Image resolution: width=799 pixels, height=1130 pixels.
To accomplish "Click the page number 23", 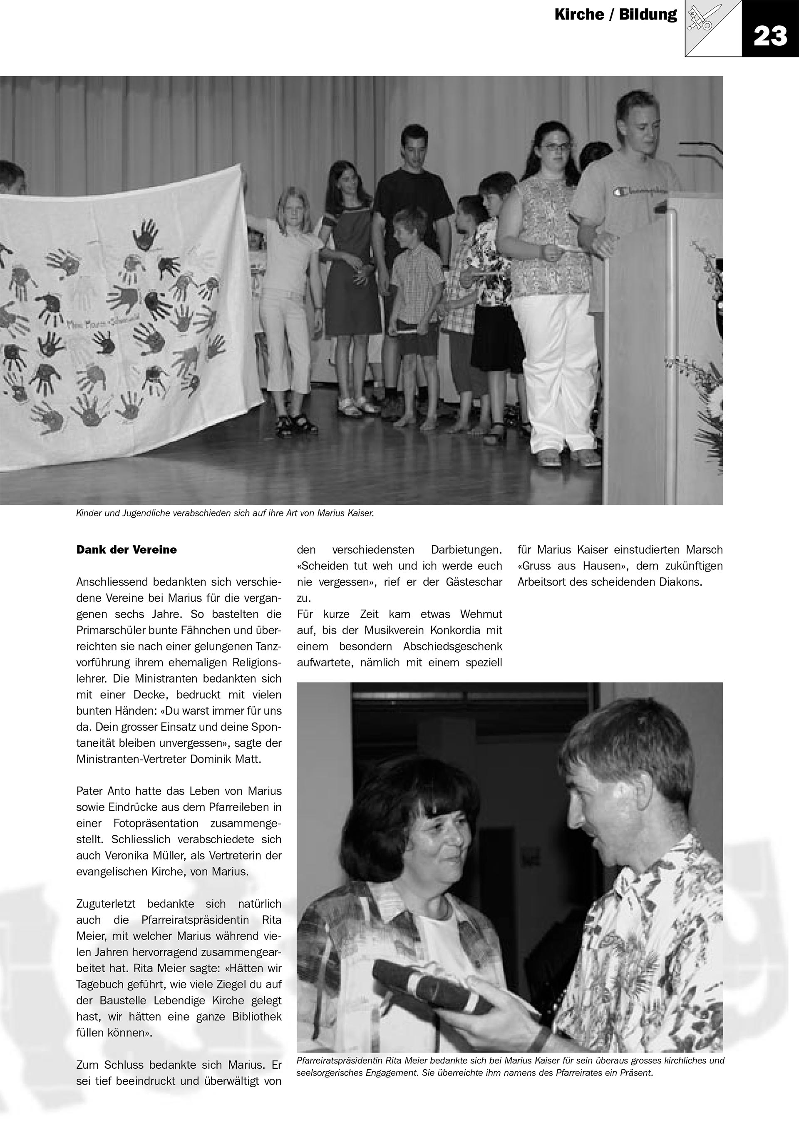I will coord(770,36).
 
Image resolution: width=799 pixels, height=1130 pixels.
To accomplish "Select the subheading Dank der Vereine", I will coord(127,550).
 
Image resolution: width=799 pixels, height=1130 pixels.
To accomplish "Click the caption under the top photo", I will coord(225,513).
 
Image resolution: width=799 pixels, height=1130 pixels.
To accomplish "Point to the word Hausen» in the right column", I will coord(604,566).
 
